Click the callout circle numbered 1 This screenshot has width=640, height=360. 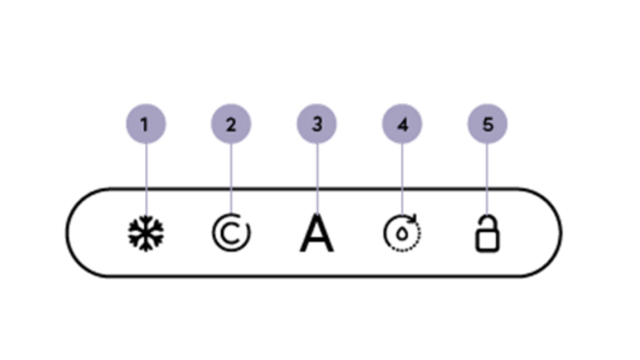pyautogui.click(x=146, y=124)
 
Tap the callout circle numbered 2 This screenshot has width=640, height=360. pyautogui.click(x=231, y=124)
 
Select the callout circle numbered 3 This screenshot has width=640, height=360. pyautogui.click(x=317, y=124)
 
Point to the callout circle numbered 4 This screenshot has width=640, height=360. pyautogui.click(x=402, y=124)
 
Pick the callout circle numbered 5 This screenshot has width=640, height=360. pyautogui.click(x=487, y=124)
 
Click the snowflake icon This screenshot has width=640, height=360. pyautogui.click(x=146, y=234)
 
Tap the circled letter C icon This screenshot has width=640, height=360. pyautogui.click(x=231, y=234)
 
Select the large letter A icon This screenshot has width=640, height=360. pyautogui.click(x=317, y=233)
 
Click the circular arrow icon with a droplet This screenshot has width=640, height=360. pyautogui.click(x=402, y=233)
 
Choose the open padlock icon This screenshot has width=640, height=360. pyautogui.click(x=487, y=233)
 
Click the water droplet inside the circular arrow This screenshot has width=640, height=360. pyautogui.click(x=402, y=234)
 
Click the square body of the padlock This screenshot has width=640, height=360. pyautogui.click(x=487, y=241)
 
